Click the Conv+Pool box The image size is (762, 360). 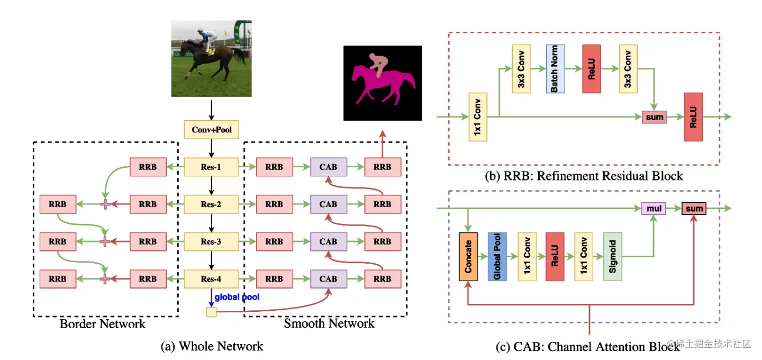[x=211, y=130]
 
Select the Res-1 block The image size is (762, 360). [x=211, y=167]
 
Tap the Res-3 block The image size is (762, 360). [x=211, y=241]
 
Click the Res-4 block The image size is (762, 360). [x=211, y=279]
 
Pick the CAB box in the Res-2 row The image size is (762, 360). [x=329, y=204]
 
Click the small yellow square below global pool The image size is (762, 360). [x=211, y=312]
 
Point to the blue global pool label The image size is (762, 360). [x=237, y=297]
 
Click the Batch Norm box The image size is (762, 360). [x=555, y=69]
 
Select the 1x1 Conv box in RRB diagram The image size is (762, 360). [x=478, y=116]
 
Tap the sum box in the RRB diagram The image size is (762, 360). [x=654, y=117]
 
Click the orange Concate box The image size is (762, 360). [x=468, y=257]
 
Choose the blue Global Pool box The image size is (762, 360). [x=497, y=257]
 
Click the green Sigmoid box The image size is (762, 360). [x=613, y=257]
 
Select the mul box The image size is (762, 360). [x=654, y=208]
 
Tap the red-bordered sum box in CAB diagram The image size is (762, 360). [x=694, y=208]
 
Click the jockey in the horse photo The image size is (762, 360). [x=207, y=40]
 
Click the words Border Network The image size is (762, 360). [x=103, y=324]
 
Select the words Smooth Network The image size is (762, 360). [x=329, y=323]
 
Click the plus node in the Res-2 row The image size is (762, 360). [x=105, y=204]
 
